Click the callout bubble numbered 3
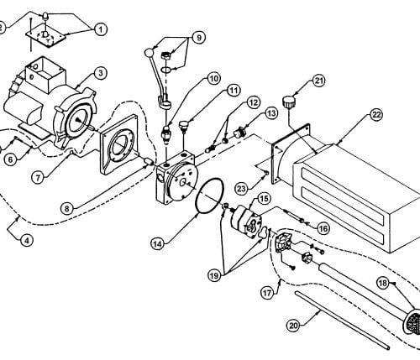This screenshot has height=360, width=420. coord(101,73)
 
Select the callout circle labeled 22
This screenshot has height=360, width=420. coord(376,115)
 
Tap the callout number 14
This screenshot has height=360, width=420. coord(157,243)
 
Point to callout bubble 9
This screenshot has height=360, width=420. coord(198,38)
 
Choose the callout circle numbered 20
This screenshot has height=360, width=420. coord(293,326)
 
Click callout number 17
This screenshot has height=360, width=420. coord(267,293)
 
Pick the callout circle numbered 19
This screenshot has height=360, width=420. coord(214,276)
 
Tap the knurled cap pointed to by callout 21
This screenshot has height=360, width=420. coord(289,101)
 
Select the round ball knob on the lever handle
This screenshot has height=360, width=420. coord(149,52)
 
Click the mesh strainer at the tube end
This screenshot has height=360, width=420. coord(412,321)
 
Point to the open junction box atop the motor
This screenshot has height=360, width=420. coord(45,72)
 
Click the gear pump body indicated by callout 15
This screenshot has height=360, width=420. coord(246,221)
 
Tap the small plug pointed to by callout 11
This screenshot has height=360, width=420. coord(184,124)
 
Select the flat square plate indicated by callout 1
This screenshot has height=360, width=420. coord(45,36)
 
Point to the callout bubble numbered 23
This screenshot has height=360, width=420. coord(241,189)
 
